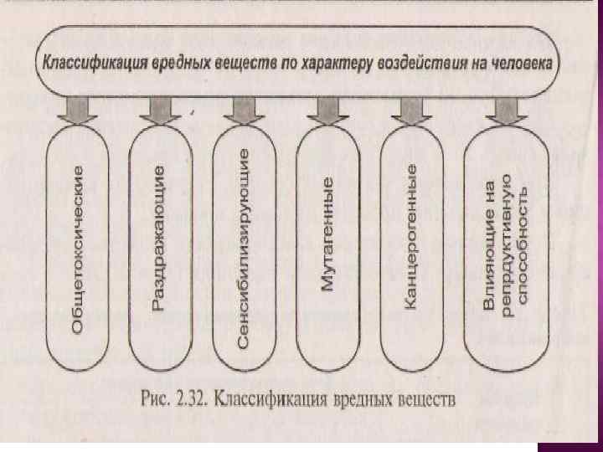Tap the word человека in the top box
(x=522, y=62)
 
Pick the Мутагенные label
(x=327, y=234)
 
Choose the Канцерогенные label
(x=410, y=237)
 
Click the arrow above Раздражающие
(x=159, y=110)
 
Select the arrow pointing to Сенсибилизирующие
(x=242, y=110)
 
